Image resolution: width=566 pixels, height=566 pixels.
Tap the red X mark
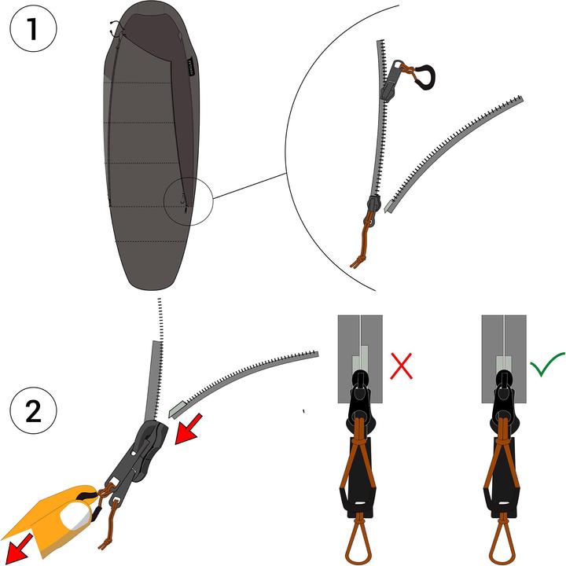coord(402,366)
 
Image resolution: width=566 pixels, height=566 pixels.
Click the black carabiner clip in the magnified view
coord(423,76)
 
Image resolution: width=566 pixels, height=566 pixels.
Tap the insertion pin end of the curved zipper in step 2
coord(175,408)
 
